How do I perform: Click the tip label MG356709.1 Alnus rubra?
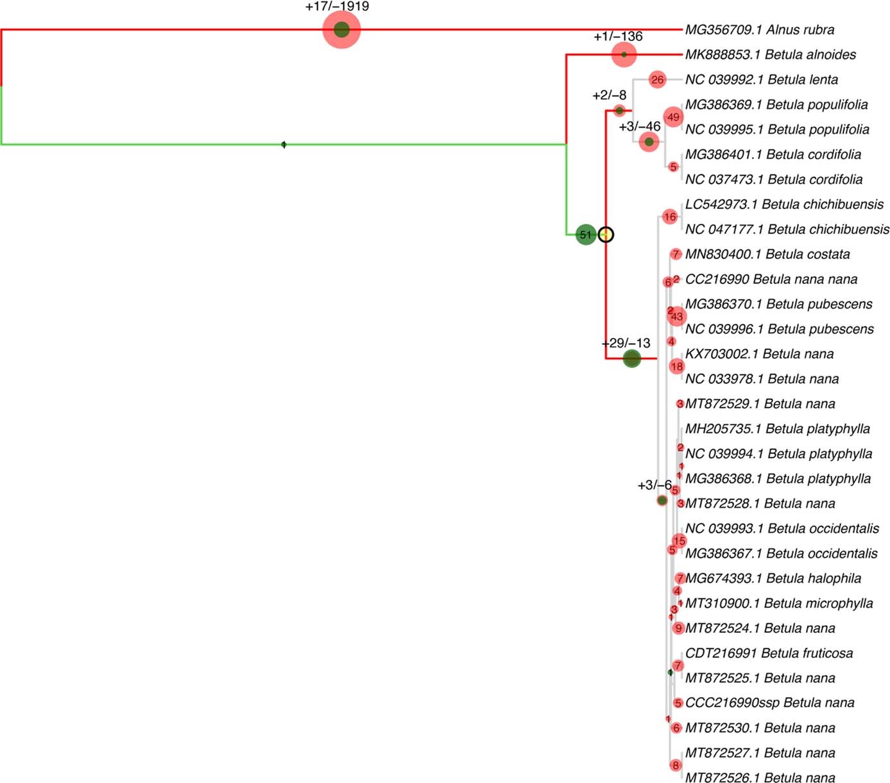pyautogui.click(x=759, y=29)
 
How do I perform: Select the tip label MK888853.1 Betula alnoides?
pyautogui.click(x=770, y=55)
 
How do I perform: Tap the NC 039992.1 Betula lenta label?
pyautogui.click(x=761, y=80)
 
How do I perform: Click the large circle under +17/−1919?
pyautogui.click(x=341, y=29)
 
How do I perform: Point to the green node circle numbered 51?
pyautogui.click(x=585, y=235)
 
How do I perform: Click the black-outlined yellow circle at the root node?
pyautogui.click(x=606, y=235)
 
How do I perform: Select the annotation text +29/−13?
pyautogui.click(x=626, y=343)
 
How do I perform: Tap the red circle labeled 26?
pyautogui.click(x=657, y=80)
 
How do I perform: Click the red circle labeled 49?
pyautogui.click(x=673, y=117)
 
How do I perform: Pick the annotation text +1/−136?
pyautogui.click(x=617, y=37)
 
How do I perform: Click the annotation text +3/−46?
pyautogui.click(x=639, y=126)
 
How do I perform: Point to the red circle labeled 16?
pyautogui.click(x=670, y=217)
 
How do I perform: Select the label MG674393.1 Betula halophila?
pyautogui.click(x=773, y=578)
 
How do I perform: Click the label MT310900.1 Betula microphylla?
pyautogui.click(x=778, y=603)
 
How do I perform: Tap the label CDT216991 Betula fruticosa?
pyautogui.click(x=769, y=653)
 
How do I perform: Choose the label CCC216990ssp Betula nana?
pyautogui.click(x=769, y=703)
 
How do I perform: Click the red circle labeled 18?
pyautogui.click(x=677, y=366)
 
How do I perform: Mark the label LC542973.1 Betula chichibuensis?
pyautogui.click(x=784, y=205)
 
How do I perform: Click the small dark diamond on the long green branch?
pyautogui.click(x=284, y=145)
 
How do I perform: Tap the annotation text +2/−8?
pyautogui.click(x=609, y=96)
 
